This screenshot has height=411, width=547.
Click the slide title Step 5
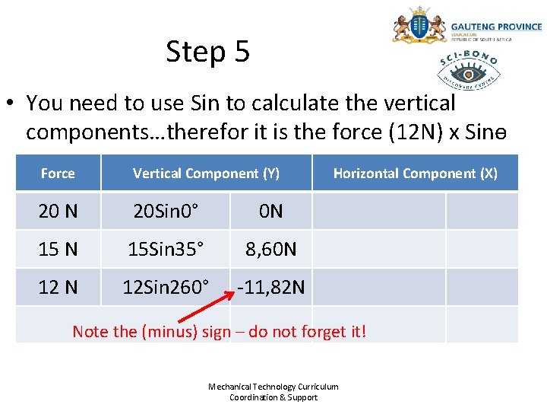(x=207, y=52)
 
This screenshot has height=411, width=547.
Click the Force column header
(x=58, y=174)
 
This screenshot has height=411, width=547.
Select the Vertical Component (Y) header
(x=206, y=174)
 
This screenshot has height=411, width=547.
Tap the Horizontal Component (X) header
(x=415, y=174)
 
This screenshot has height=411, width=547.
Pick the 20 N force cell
(x=58, y=211)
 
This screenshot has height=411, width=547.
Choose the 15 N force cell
(x=58, y=249)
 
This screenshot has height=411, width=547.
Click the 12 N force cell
(x=58, y=287)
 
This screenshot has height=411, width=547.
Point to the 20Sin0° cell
(x=166, y=211)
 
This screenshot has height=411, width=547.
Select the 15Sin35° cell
(x=166, y=249)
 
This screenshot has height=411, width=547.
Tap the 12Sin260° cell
(x=166, y=287)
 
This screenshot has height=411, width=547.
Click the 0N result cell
(x=270, y=211)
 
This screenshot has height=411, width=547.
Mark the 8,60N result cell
(x=270, y=249)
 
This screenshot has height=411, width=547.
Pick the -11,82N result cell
(x=270, y=287)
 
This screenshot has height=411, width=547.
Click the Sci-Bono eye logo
(x=468, y=72)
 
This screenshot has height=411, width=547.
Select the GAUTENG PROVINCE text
(x=496, y=27)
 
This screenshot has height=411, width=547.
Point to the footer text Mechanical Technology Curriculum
(x=273, y=387)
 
